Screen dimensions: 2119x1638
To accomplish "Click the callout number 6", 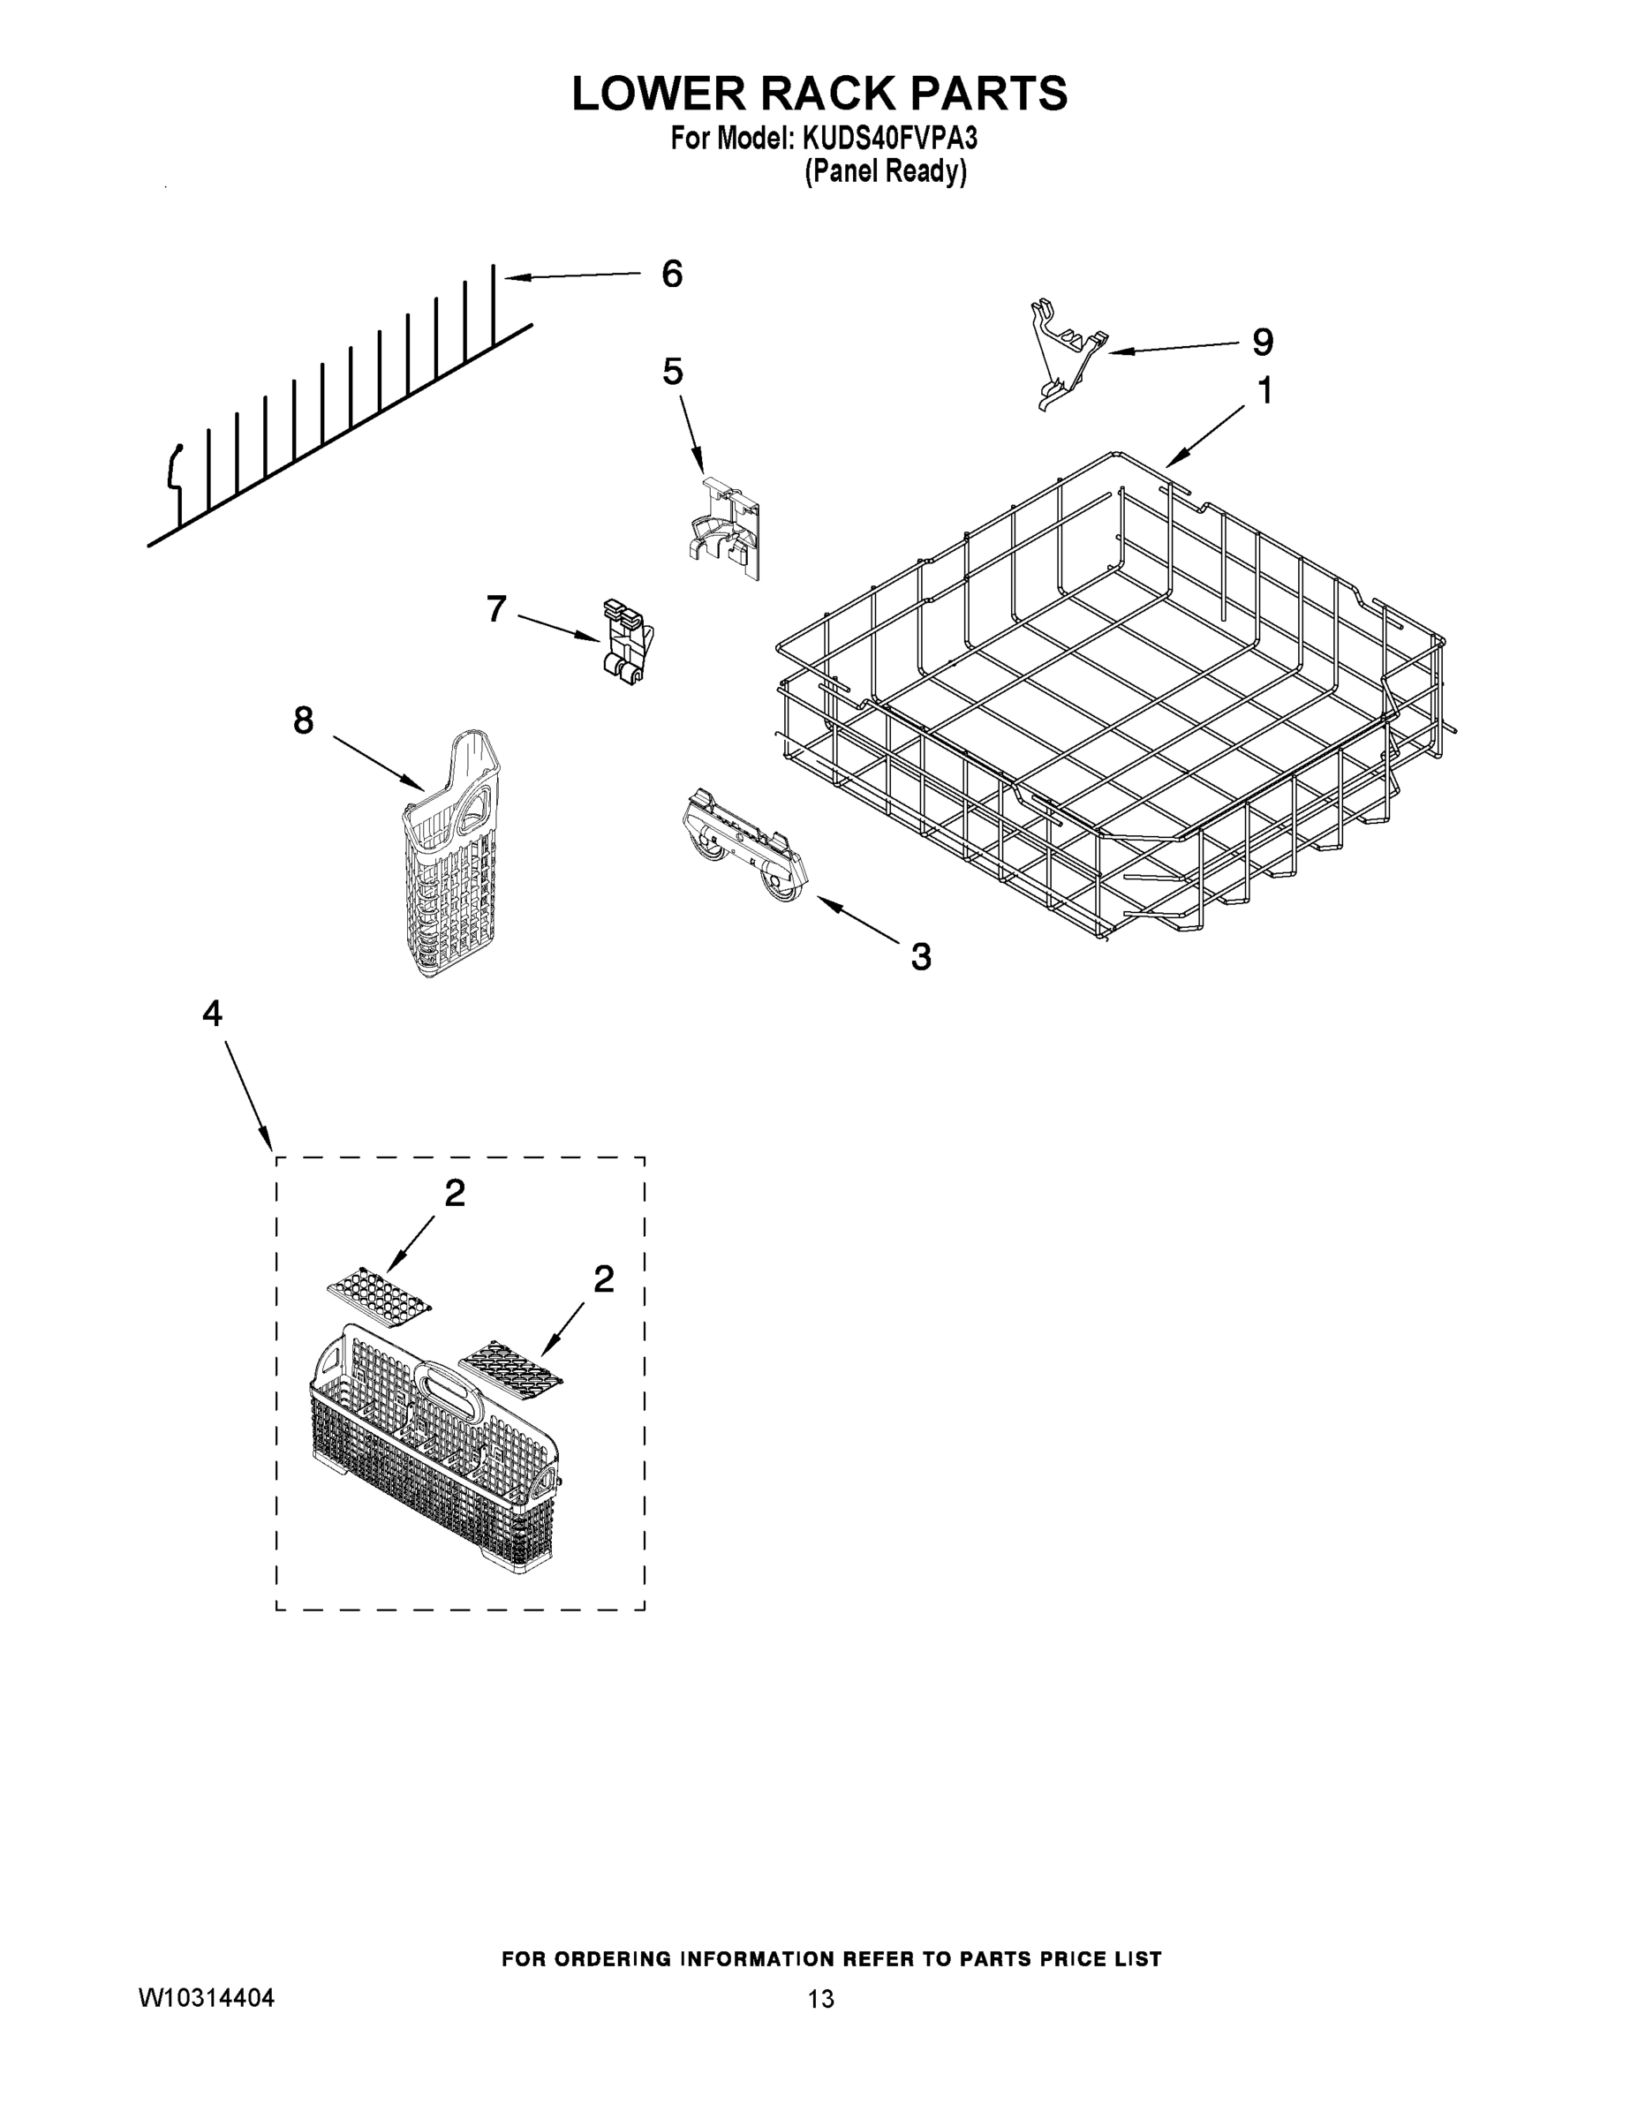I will click(671, 275).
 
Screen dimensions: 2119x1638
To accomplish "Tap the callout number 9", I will click(1263, 343).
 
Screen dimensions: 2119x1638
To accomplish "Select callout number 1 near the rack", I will click(1264, 391).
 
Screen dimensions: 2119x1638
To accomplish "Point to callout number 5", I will click(673, 372).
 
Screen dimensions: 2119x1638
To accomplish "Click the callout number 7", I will click(496, 609).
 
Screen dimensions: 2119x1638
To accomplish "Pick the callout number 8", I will click(304, 720).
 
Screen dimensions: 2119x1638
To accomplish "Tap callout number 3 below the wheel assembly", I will click(921, 957).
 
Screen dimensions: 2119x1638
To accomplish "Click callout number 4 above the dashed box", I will click(213, 1014).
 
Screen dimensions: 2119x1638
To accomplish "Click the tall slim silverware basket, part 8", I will click(452, 854).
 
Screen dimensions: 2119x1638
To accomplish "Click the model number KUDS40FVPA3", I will click(889, 139).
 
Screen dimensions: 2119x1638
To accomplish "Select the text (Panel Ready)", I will click(885, 172).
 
